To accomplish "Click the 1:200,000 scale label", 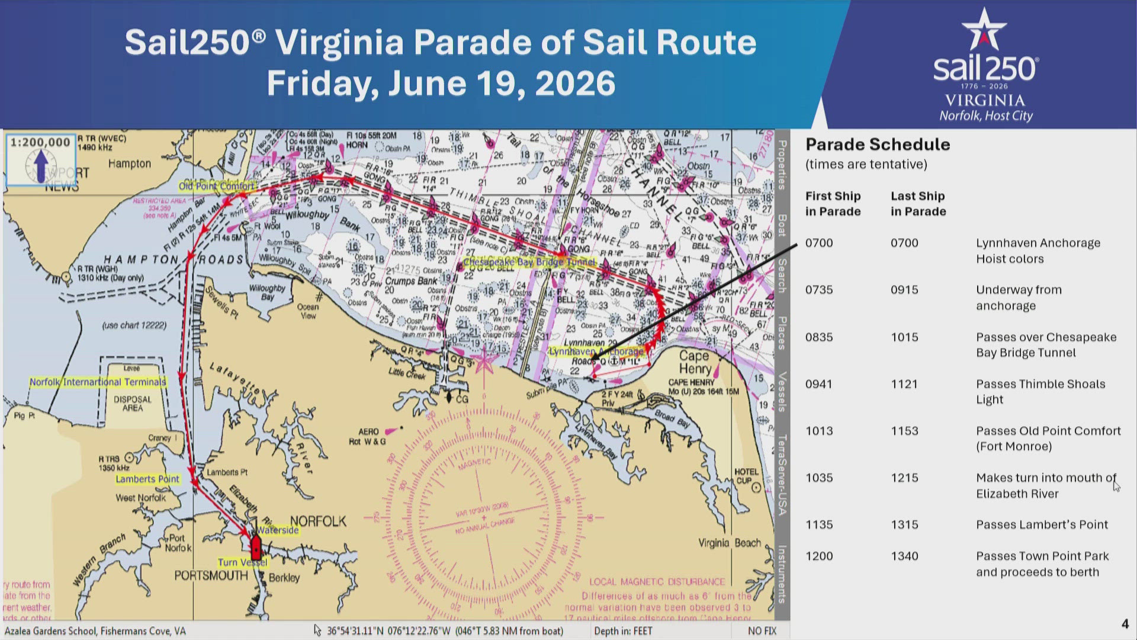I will coord(40,142).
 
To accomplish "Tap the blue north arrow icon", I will coord(40,166).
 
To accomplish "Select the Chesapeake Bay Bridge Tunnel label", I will coord(529,262).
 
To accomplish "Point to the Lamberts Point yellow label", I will coord(147,479).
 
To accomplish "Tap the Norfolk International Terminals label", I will coord(98,382).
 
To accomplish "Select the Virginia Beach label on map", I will coord(729,543).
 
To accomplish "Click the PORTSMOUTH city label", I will coord(211,575).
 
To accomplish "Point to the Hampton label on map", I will coord(129,164).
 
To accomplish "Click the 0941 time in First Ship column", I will coord(818,384).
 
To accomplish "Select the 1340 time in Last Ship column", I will coord(904,556).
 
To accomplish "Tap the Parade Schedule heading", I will coord(877,145).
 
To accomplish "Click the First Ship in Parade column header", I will coord(833,203).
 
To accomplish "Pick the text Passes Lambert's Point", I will coord(1042,524).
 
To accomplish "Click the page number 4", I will coord(1125,623).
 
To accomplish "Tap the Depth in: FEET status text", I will coord(622,631).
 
